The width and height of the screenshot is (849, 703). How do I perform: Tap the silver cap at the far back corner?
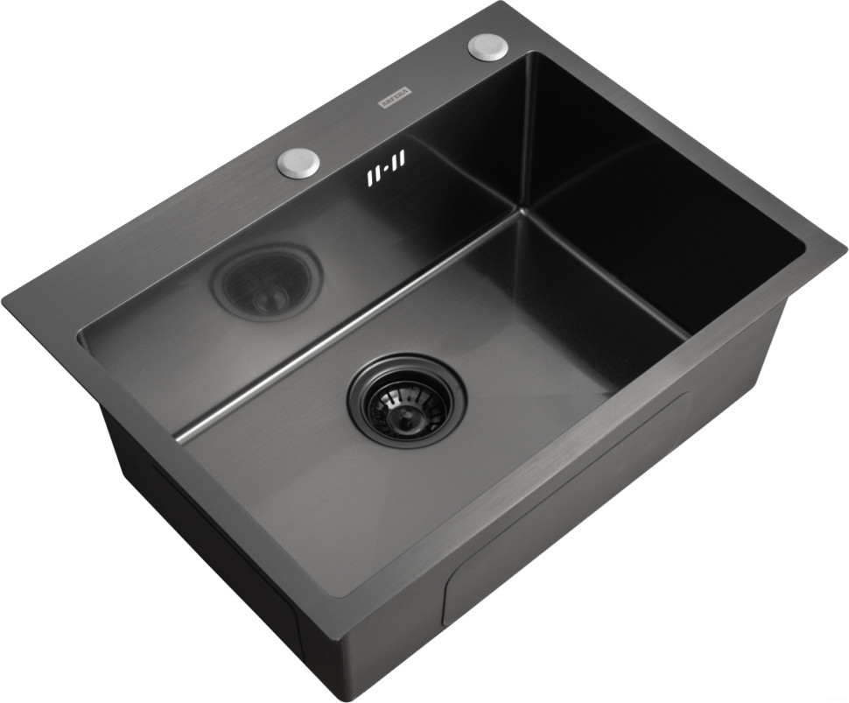point(488,46)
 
